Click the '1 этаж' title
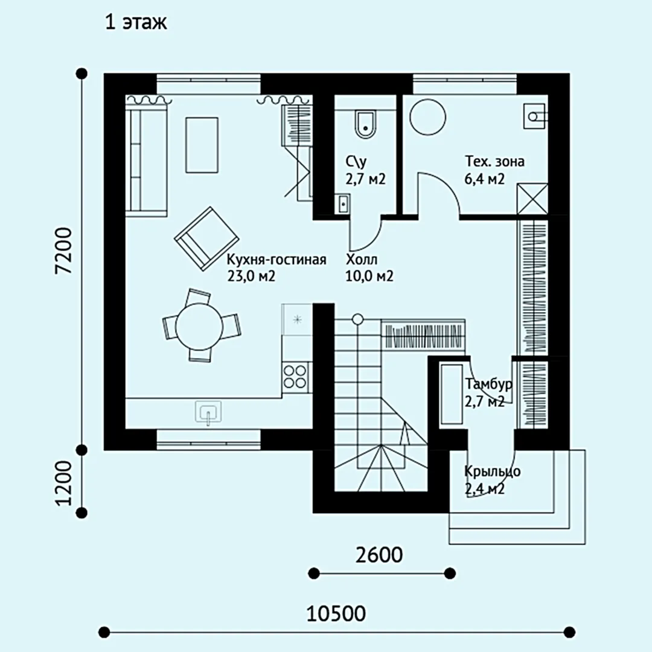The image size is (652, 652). [136, 22]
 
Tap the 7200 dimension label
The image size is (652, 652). [65, 251]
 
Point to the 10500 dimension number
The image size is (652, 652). [336, 613]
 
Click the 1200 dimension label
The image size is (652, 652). [65, 483]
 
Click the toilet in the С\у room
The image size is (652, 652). [365, 124]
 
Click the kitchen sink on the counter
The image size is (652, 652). [208, 412]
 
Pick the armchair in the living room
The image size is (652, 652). [206, 238]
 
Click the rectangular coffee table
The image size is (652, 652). [202, 145]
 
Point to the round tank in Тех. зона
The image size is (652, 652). [427, 117]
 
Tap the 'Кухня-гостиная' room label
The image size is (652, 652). [276, 260]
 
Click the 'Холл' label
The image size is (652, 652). [362, 260]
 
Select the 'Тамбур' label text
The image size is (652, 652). [488, 385]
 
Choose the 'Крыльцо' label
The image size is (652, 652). [493, 472]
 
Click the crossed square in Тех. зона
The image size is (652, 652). [532, 199]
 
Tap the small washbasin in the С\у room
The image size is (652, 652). [343, 204]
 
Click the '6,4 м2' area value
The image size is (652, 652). [484, 179]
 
